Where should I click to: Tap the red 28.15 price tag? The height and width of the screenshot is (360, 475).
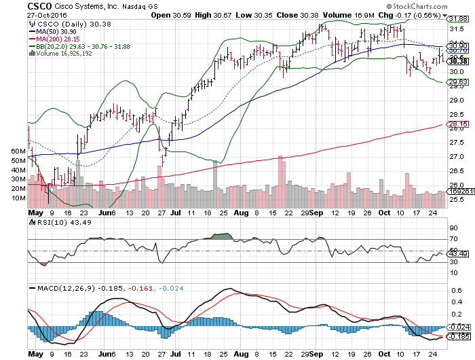tap(459, 124)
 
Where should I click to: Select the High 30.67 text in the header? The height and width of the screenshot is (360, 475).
tap(214, 15)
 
